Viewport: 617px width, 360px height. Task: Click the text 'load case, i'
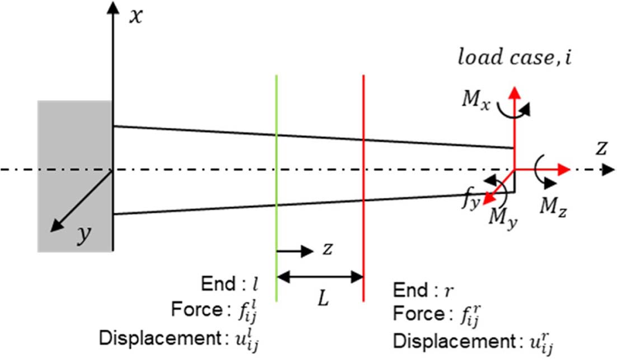[x=515, y=57]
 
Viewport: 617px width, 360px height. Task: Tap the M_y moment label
[x=504, y=215]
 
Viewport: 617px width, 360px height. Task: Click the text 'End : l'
[x=230, y=284]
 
